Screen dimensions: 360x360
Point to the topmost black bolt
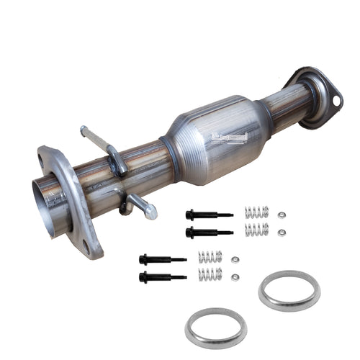tap(208, 215)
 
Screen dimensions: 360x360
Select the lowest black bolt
tap(162, 276)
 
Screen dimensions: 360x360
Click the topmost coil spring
tap(256, 212)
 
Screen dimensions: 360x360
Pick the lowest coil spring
tap(210, 274)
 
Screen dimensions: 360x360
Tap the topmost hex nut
tap(282, 215)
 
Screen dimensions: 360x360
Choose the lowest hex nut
tap(235, 276)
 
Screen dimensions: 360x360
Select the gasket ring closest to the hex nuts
tap(289, 290)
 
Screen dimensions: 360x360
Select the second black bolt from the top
tap(208, 232)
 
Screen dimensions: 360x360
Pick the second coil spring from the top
tap(256, 230)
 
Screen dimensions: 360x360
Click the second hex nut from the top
tap(282, 233)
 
